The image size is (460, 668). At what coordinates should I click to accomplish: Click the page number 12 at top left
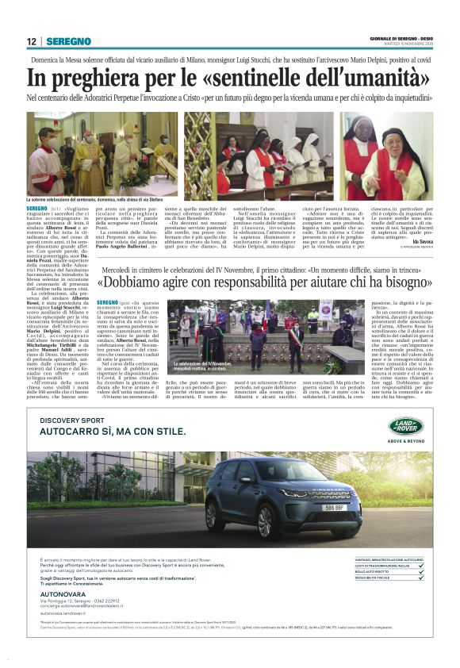32,41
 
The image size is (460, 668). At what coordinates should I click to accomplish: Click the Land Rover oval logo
407,426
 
